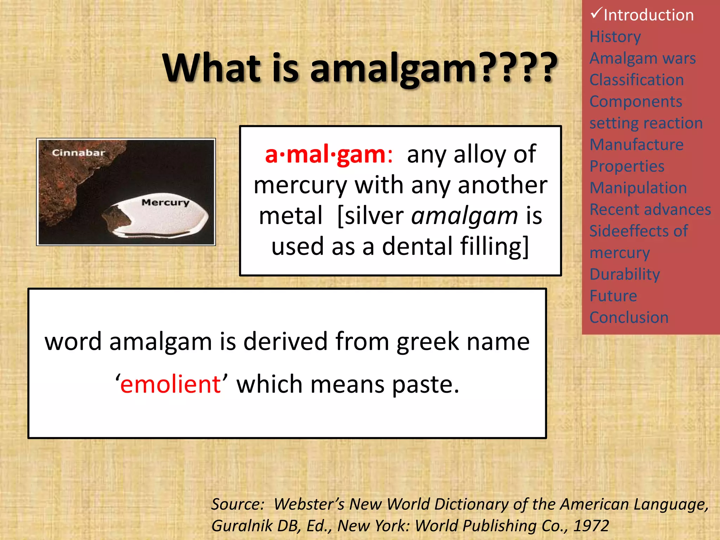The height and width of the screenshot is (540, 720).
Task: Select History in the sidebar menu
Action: click(615, 37)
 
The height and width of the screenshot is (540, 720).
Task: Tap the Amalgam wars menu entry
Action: click(643, 58)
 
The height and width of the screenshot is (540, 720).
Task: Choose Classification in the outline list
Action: click(637, 80)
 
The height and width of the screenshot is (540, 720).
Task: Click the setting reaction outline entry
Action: click(646, 123)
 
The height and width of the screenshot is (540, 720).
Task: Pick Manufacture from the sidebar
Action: click(636, 144)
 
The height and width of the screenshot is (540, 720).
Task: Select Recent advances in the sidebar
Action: click(650, 210)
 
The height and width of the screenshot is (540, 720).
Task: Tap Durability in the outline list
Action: click(625, 274)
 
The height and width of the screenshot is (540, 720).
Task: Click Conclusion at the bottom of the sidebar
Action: click(629, 317)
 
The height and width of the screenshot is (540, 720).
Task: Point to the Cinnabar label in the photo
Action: click(78, 153)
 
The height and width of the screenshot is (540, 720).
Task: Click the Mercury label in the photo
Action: click(165, 202)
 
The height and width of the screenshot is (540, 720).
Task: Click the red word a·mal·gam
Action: click(325, 154)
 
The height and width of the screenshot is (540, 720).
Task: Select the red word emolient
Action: click(170, 384)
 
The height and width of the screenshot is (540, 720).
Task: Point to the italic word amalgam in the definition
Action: click(464, 216)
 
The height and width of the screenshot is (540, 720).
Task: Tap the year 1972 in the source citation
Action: click(591, 526)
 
